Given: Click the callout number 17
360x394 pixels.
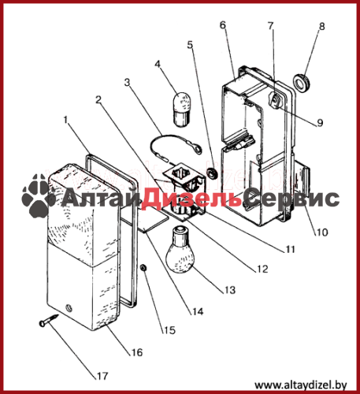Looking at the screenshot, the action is point(102,376).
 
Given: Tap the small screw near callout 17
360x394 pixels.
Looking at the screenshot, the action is point(49,320).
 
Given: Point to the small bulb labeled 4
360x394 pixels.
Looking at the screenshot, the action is point(180,110).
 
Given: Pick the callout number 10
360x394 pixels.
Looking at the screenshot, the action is point(322,232).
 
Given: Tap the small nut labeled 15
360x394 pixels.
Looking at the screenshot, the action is point(143,269).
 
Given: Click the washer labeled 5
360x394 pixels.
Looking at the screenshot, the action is point(212,173).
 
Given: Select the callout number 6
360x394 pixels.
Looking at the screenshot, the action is point(223,25).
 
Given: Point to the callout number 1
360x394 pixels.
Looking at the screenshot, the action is point(65,120).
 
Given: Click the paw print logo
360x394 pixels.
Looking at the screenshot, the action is point(39,195).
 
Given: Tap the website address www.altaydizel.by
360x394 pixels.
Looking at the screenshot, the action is point(301,385).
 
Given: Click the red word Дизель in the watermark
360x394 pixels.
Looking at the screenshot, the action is point(191,199).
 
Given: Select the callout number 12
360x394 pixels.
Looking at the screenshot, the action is point(262,269).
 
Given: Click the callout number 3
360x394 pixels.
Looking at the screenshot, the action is point(128,82).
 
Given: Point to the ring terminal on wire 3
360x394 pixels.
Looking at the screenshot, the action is point(197,150).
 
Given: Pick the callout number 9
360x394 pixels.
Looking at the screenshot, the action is point(320,122).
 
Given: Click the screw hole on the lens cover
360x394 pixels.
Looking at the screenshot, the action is point(69,307).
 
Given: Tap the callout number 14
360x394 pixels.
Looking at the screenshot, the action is point(198,311).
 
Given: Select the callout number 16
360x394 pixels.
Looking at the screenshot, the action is point(137,352).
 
